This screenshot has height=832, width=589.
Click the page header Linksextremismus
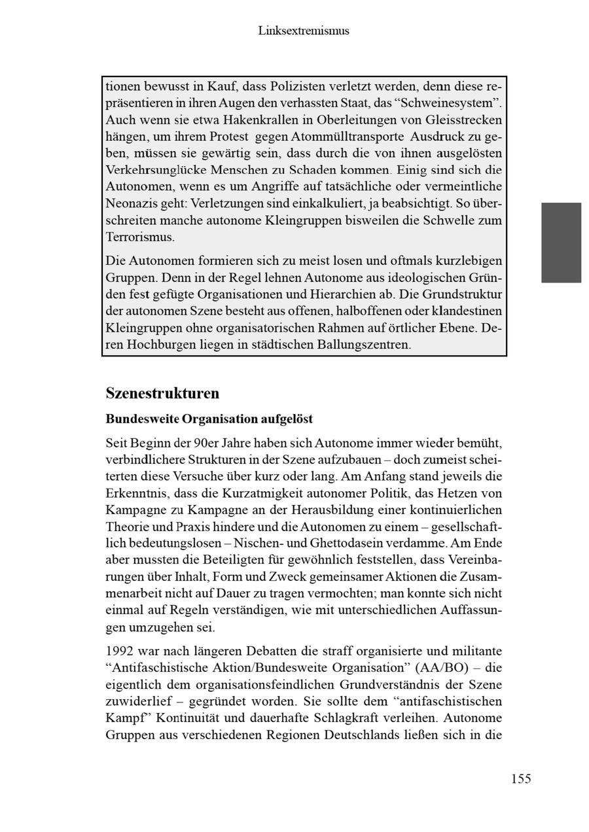point(303,31)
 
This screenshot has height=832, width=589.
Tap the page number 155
point(521,778)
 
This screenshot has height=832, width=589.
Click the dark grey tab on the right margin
point(561,242)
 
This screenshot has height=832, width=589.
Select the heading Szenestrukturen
point(162,394)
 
